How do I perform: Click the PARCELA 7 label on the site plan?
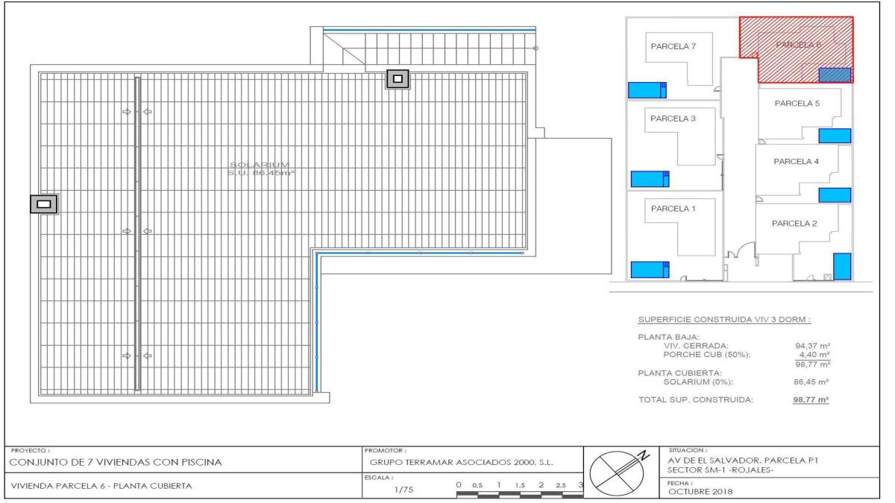[673, 46]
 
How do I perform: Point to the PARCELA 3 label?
[673, 118]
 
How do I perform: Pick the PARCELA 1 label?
[673, 208]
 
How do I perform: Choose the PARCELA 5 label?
[797, 104]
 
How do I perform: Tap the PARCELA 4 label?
[797, 161]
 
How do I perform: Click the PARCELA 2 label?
[794, 223]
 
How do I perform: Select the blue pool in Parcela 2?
[841, 266]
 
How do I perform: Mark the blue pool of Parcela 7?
[646, 90]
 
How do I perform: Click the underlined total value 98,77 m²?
[811, 399]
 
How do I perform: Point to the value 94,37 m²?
[814, 345]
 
